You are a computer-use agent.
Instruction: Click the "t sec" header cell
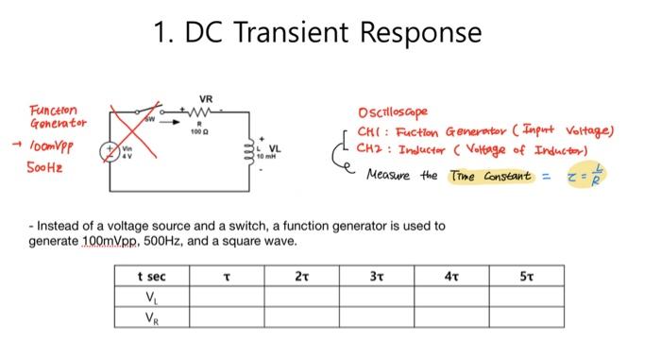click(x=152, y=278)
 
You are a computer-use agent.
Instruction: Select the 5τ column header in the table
click(x=525, y=278)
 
